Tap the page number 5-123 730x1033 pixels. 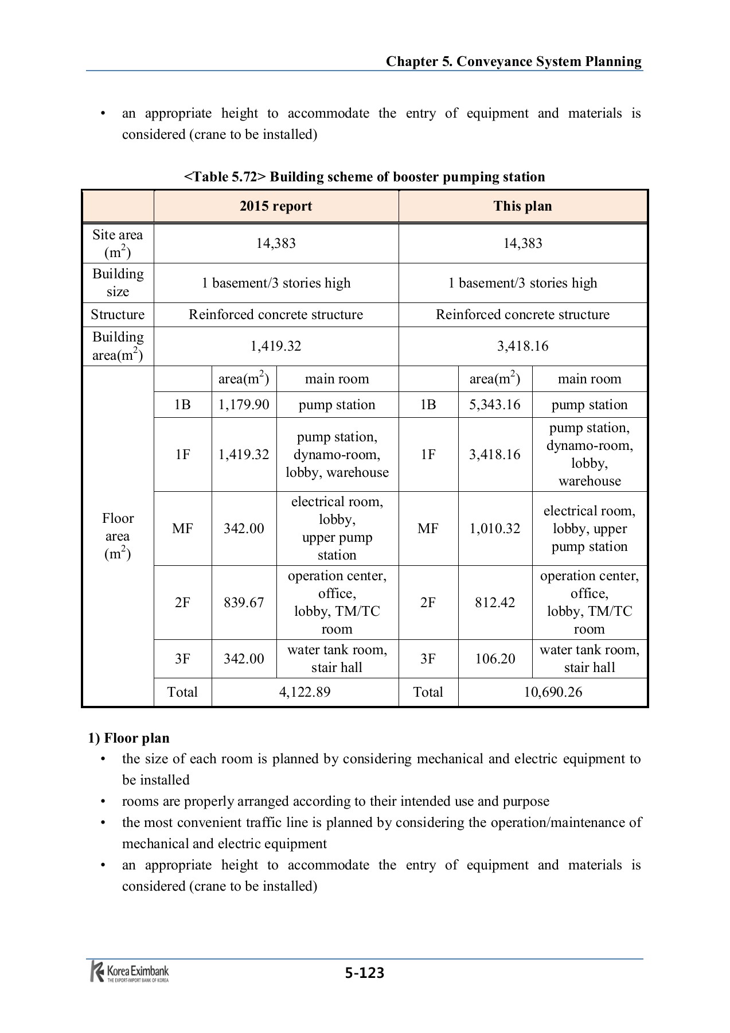(x=365, y=972)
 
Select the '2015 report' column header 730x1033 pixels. (x=276, y=206)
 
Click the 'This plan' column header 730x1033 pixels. (x=522, y=206)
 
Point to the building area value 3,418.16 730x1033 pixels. (x=522, y=346)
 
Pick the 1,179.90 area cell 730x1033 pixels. (x=244, y=405)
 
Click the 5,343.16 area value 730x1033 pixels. (x=495, y=405)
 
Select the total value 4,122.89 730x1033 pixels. (x=305, y=692)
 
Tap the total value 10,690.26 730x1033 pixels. (x=553, y=692)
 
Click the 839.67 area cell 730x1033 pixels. (x=244, y=602)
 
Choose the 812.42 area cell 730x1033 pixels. (x=495, y=602)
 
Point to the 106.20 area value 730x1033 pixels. (x=495, y=658)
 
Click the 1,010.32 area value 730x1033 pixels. (x=495, y=528)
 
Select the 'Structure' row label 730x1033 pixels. (x=118, y=314)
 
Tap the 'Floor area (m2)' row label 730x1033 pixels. (x=118, y=536)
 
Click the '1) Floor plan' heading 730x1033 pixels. (x=128, y=737)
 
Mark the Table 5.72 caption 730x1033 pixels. (x=364, y=177)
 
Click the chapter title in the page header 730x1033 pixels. (x=513, y=61)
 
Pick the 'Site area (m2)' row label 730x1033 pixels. (x=118, y=243)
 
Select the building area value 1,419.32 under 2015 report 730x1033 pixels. (x=276, y=346)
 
